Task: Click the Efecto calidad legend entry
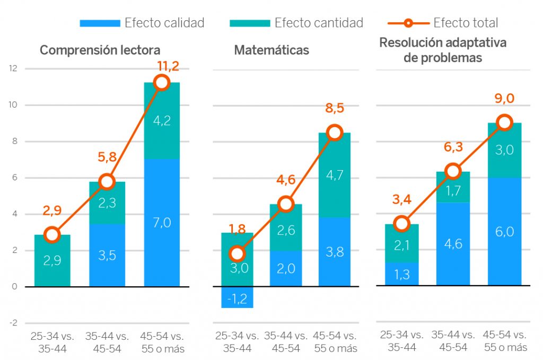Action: click(x=142, y=23)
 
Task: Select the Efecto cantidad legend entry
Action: click(x=296, y=23)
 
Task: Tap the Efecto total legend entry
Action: click(x=443, y=23)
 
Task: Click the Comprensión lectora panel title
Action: click(x=100, y=50)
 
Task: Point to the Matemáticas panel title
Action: click(x=271, y=50)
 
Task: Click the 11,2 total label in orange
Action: click(x=168, y=66)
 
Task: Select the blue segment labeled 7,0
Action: click(x=162, y=223)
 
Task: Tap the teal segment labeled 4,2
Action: click(x=162, y=121)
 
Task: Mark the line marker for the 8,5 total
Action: click(x=334, y=133)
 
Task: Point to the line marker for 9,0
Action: click(x=505, y=123)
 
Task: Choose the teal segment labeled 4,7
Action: click(x=334, y=175)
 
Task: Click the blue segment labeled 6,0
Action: click(x=505, y=232)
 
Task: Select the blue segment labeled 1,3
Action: click(x=401, y=274)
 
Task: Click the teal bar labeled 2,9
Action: click(x=52, y=261)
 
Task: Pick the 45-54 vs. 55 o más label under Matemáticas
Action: click(x=334, y=342)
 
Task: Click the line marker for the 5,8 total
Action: click(x=107, y=182)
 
